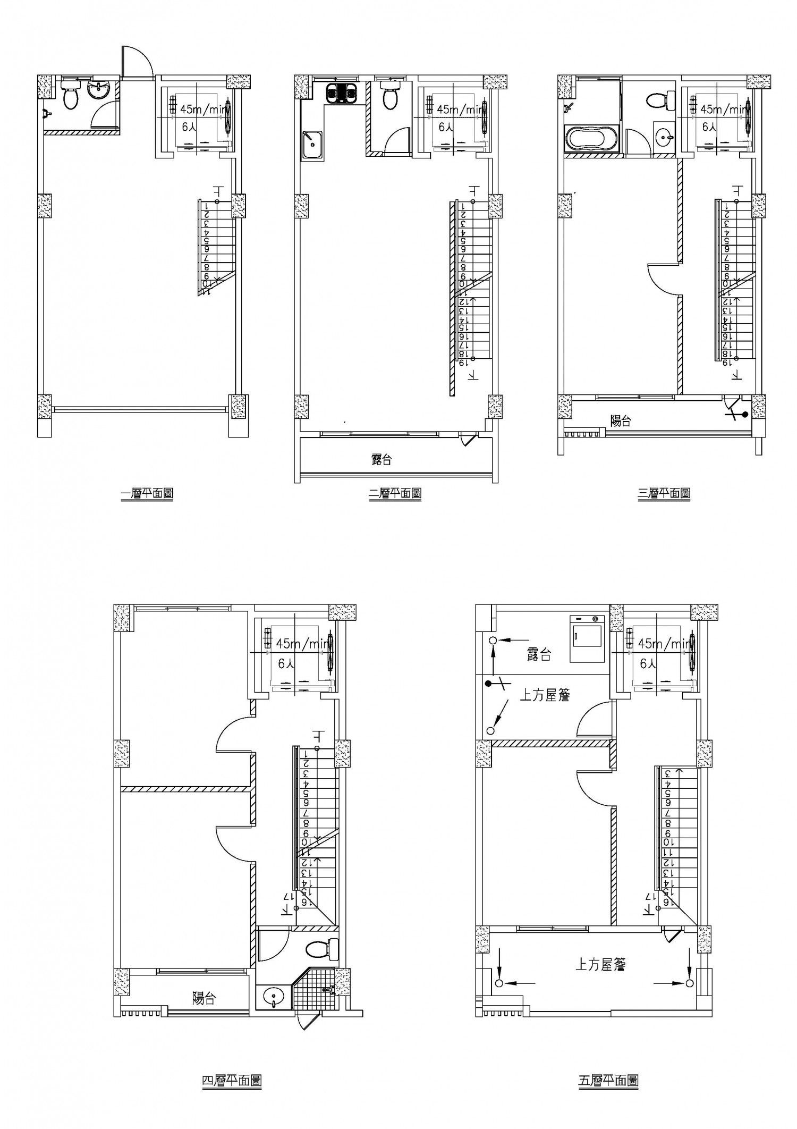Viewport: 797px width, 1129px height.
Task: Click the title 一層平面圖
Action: pos(147,494)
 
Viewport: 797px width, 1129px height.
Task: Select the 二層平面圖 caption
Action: pos(395,494)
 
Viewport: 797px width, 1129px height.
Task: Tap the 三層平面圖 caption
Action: pos(664,494)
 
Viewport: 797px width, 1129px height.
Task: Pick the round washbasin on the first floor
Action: pos(99,90)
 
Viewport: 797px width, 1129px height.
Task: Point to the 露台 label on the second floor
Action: pos(381,460)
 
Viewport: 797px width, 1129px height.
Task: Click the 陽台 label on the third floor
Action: pos(621,421)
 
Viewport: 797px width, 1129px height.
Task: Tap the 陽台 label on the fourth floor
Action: pos(204,998)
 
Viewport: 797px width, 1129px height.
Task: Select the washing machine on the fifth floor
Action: pos(588,638)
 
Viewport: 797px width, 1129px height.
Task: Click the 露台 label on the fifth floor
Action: pos(539,654)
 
